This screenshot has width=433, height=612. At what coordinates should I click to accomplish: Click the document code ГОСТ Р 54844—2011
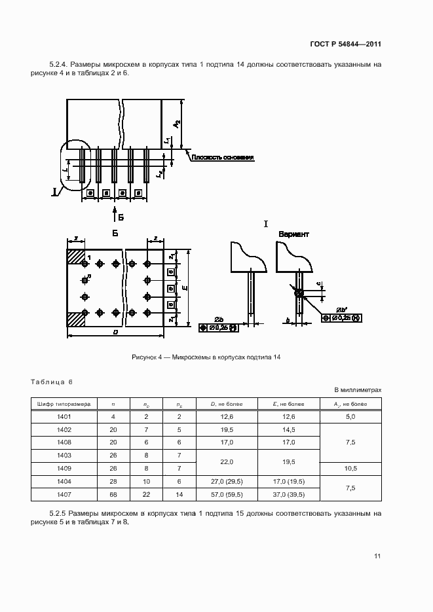pos(346,45)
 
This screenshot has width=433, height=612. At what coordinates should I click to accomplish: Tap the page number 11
pos(377,556)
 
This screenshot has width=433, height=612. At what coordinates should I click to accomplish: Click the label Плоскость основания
pos(222,158)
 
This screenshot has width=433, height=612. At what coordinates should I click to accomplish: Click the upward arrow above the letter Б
pos(115,211)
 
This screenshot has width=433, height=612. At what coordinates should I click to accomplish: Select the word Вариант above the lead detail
pos(293,234)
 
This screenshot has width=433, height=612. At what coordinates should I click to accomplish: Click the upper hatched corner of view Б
pos(76,256)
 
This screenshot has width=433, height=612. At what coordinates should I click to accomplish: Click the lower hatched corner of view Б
pos(76,319)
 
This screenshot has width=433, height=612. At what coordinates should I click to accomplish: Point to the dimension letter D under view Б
pos(115,333)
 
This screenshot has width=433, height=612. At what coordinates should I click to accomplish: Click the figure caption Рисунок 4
pos(206,356)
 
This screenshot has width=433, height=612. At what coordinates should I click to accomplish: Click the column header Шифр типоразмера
pos(64,404)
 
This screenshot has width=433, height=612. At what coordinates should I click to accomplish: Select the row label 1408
pos(64,442)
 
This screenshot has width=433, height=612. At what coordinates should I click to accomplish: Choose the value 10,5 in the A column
pos(350,469)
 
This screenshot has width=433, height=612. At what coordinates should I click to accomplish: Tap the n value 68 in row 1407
pos(113,494)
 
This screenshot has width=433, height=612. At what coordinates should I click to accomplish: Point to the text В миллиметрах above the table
pos(358,390)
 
